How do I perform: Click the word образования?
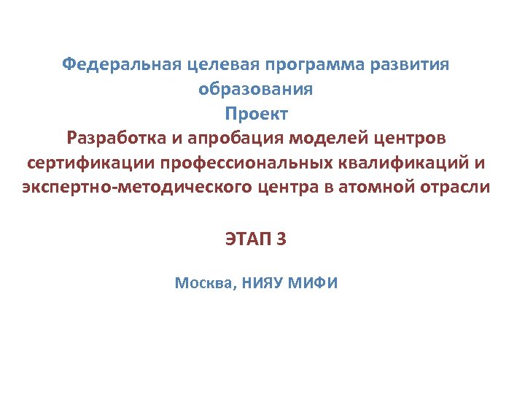pos(256,89)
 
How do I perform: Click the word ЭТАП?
pos(246,238)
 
